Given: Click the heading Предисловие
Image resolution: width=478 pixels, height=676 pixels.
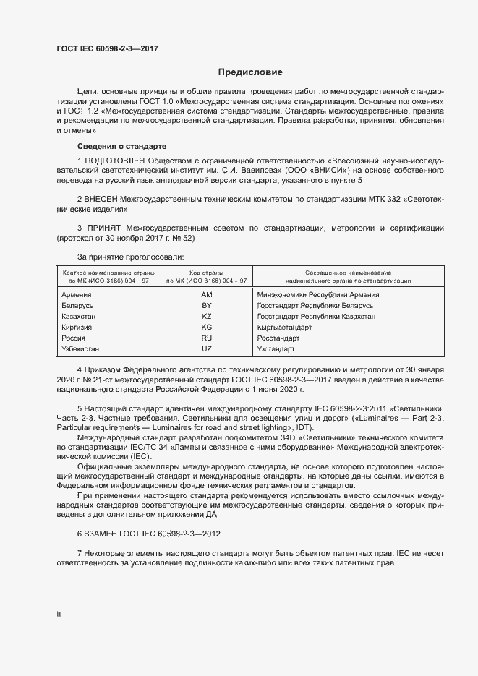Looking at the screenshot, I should pyautogui.click(x=251, y=72).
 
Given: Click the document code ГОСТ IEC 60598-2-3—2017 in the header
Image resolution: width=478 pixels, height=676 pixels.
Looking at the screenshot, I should pyautogui.click(x=107, y=49).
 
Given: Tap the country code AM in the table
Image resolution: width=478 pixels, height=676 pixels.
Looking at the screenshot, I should pyautogui.click(x=206, y=295).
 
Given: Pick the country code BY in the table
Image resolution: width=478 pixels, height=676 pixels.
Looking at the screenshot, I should pyautogui.click(x=206, y=306).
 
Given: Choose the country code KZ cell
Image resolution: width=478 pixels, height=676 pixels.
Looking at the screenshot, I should pyautogui.click(x=206, y=317).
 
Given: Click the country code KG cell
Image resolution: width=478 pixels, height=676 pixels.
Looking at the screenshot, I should pyautogui.click(x=206, y=328).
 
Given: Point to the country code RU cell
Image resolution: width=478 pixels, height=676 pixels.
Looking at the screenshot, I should pyautogui.click(x=206, y=338).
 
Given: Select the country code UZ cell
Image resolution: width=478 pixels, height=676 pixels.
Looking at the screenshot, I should pyautogui.click(x=206, y=349).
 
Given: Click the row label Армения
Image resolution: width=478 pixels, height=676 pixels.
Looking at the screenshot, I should pyautogui.click(x=77, y=295).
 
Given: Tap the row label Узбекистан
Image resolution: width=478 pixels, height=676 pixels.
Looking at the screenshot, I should pyautogui.click(x=82, y=349).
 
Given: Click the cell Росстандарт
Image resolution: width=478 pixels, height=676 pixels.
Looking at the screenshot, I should pyautogui.click(x=278, y=338).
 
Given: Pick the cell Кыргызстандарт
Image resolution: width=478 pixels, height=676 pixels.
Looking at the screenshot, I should pyautogui.click(x=283, y=328).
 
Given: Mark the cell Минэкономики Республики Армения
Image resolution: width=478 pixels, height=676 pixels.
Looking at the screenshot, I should pyautogui.click(x=318, y=295).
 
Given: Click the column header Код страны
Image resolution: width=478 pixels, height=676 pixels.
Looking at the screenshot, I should pyautogui.click(x=206, y=272).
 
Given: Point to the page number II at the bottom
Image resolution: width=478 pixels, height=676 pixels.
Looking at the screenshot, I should pyautogui.click(x=59, y=614).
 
